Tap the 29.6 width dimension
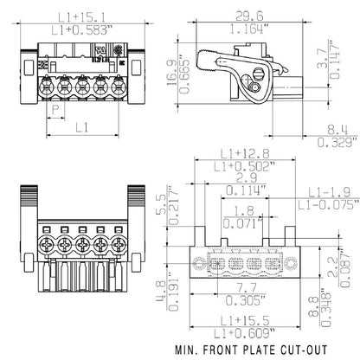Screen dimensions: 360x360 [250, 15]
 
